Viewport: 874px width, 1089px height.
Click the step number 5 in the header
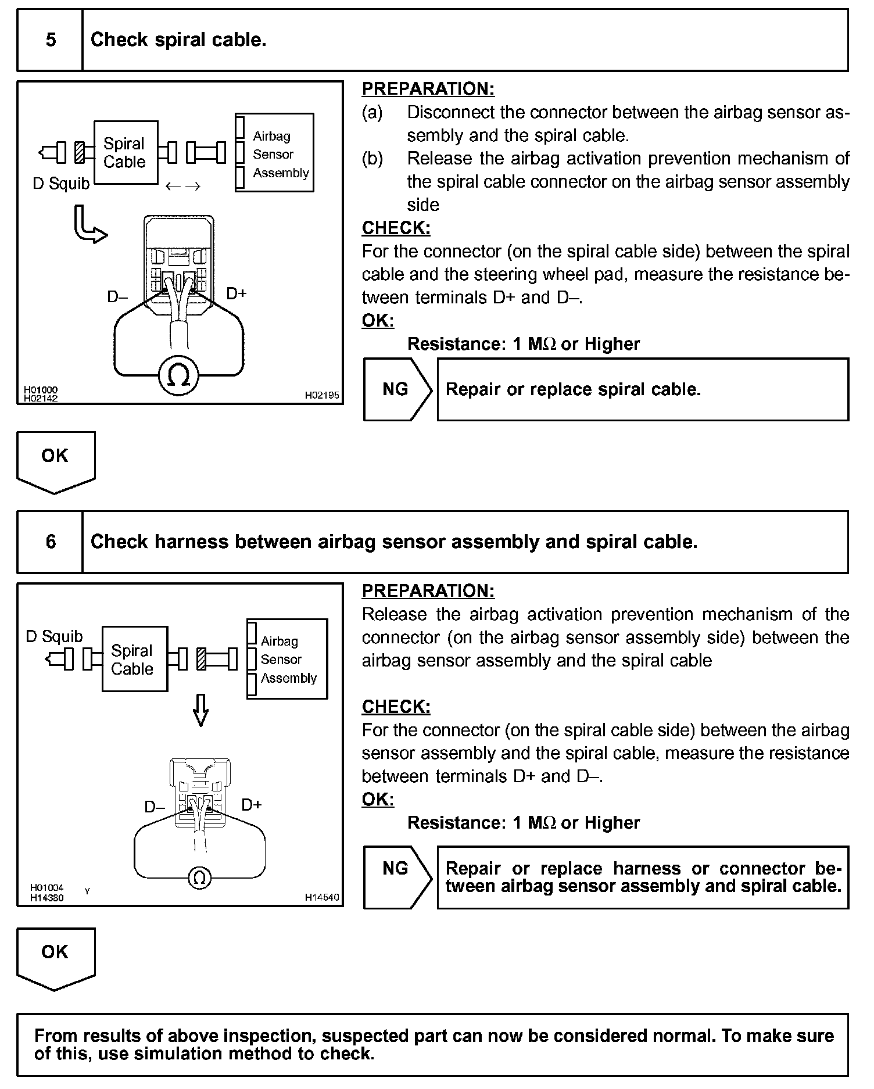(51, 40)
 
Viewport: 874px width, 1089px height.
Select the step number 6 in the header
(51, 542)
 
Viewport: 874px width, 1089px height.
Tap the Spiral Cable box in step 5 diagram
(126, 153)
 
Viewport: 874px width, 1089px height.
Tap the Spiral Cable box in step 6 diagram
(134, 659)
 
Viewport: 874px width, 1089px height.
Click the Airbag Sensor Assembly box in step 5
(274, 153)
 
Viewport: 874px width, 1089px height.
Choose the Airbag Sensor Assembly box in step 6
(287, 659)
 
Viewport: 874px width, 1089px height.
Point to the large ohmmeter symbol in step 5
(178, 377)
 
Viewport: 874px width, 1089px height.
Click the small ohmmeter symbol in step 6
(199, 877)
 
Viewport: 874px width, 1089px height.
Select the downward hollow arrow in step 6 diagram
(200, 710)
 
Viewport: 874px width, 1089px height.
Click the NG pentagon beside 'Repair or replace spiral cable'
(397, 389)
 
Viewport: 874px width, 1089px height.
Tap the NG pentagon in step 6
(397, 877)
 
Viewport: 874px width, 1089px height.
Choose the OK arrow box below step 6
(55, 957)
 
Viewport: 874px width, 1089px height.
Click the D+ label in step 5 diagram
(237, 293)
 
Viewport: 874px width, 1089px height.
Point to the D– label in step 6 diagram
(155, 807)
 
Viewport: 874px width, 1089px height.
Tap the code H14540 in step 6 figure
(322, 897)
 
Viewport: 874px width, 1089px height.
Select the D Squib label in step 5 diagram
(61, 184)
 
